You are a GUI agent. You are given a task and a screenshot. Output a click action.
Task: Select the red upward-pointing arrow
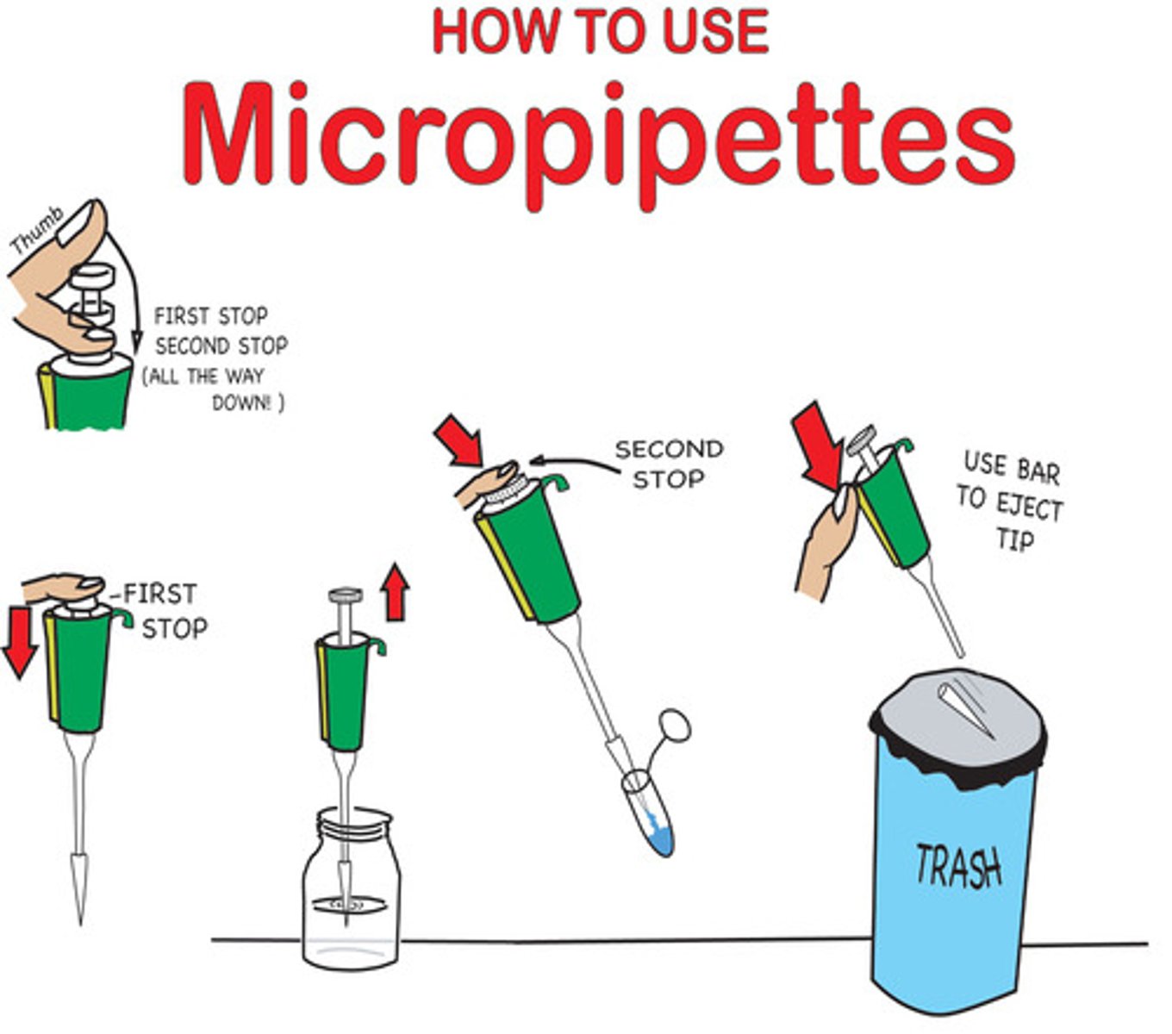pos(396,592)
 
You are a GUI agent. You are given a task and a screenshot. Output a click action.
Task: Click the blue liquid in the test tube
pos(661,838)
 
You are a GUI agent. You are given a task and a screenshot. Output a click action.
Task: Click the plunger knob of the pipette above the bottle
pos(346,595)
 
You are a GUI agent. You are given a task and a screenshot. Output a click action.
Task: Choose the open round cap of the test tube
pos(675,726)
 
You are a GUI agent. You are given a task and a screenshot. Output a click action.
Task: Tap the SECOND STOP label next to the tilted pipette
pos(669,464)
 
